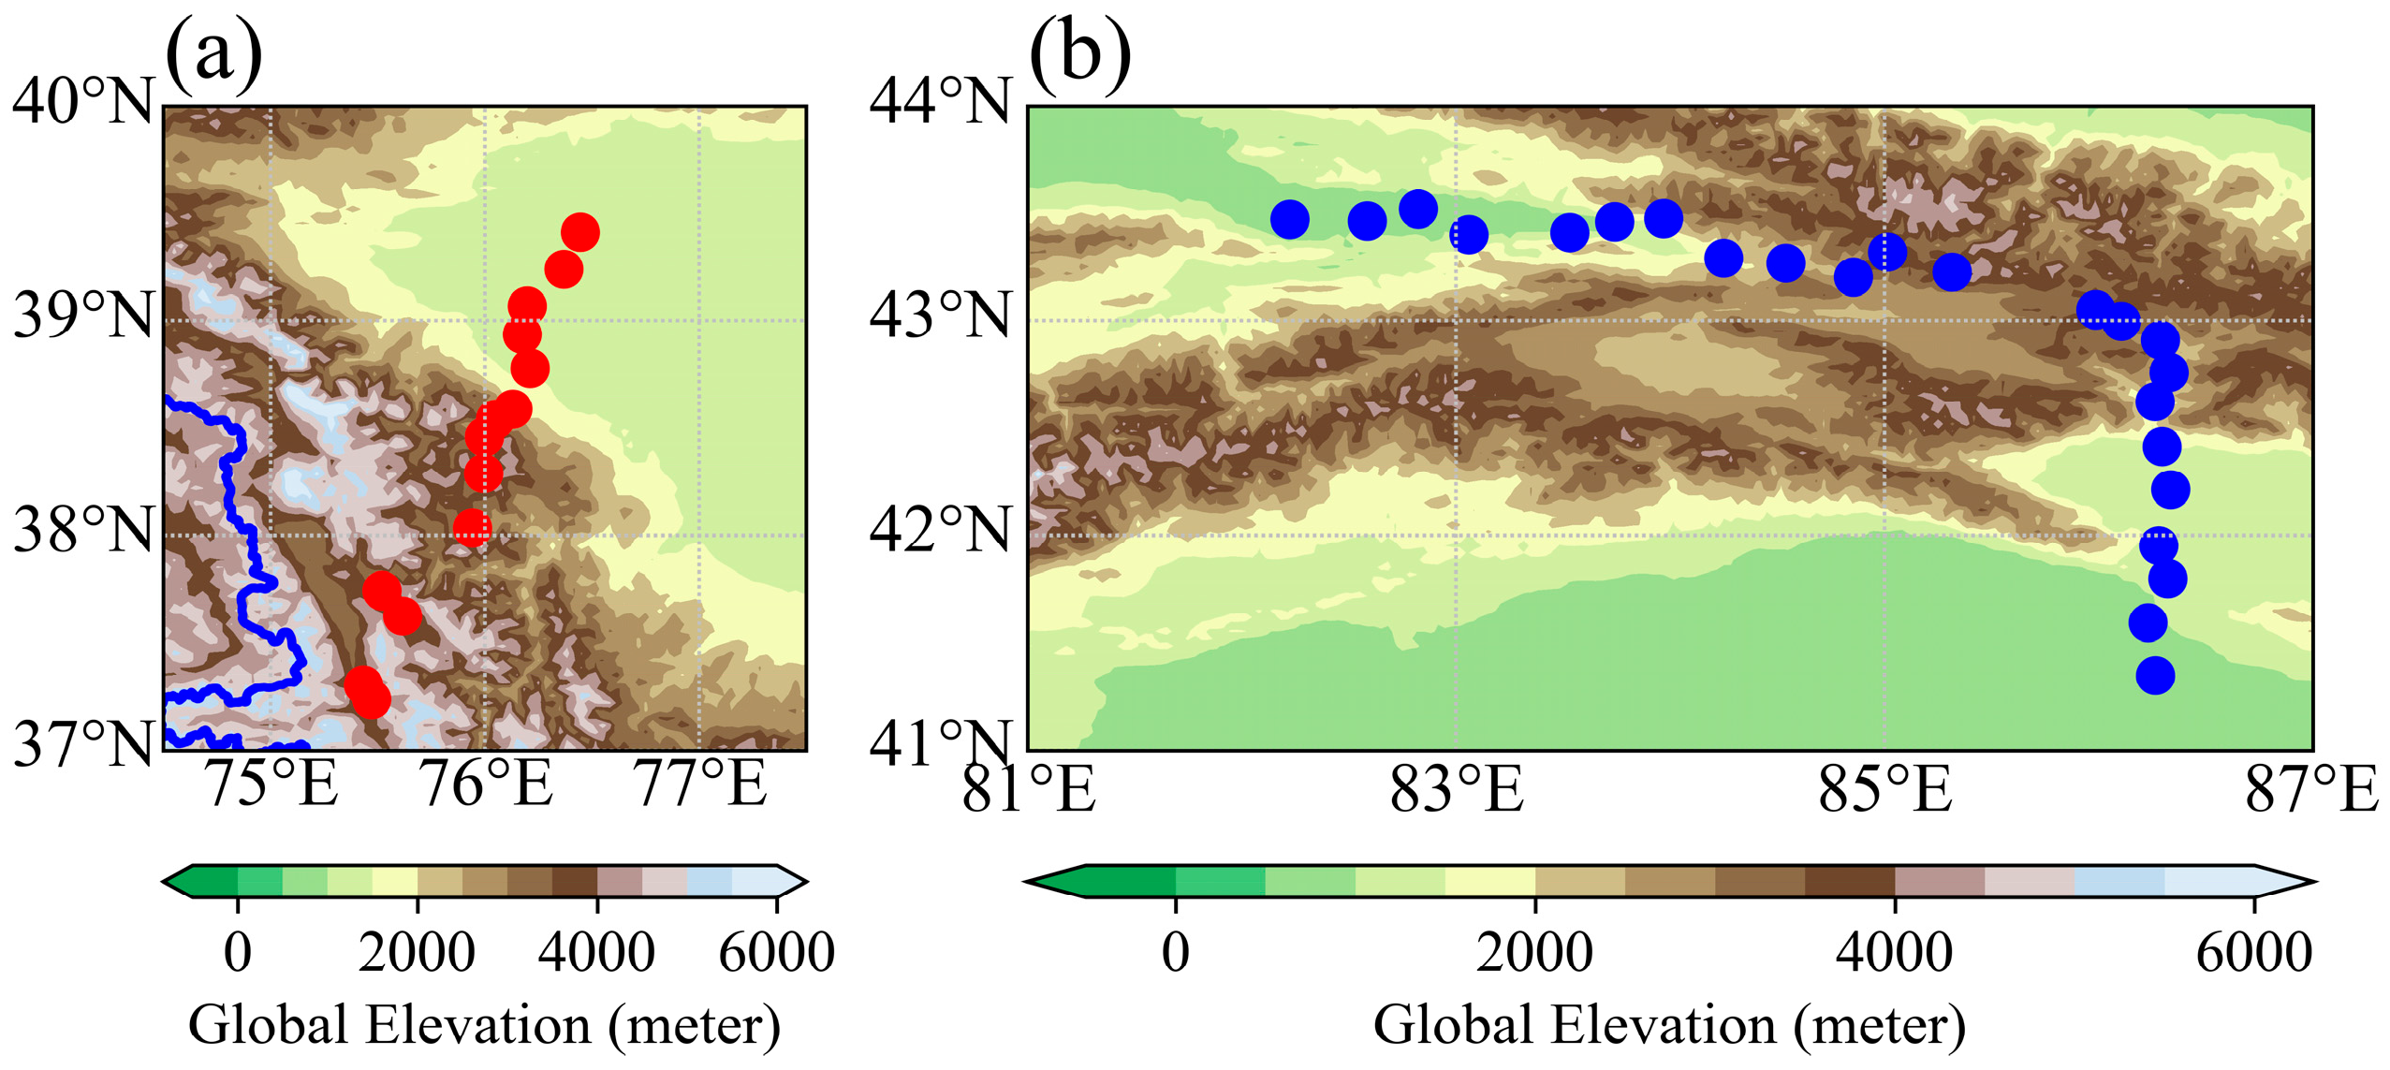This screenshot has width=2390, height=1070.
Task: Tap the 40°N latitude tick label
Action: (x=82, y=101)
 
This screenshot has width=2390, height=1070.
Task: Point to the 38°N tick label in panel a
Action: (x=82, y=531)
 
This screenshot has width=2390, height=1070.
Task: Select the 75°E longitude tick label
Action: (x=271, y=784)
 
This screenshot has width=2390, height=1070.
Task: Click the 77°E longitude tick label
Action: (x=700, y=784)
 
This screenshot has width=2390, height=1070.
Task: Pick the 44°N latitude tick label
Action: (x=940, y=101)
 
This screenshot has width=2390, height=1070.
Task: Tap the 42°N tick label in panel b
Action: (x=940, y=531)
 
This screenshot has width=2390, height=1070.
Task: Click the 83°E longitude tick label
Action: (x=1457, y=790)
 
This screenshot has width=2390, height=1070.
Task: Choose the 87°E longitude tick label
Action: (x=2310, y=790)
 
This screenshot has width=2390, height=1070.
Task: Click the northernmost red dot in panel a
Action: (x=580, y=232)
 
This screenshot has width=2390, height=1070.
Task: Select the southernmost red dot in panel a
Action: (x=372, y=699)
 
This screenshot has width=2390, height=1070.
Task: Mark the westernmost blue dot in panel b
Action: (x=1289, y=219)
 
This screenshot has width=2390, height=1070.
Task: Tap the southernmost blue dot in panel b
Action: (x=2155, y=675)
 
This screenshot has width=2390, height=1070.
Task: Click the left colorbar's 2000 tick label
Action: (x=417, y=953)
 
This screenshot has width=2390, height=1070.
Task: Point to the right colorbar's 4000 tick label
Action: (x=1894, y=953)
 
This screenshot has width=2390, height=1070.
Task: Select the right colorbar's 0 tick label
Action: (x=1176, y=953)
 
